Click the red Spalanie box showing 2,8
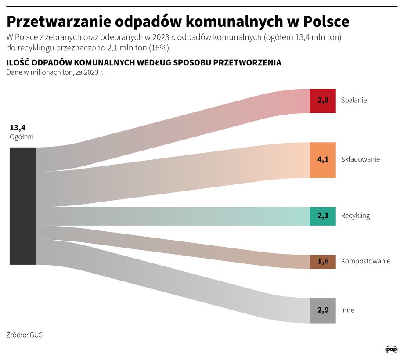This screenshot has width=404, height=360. (323, 101)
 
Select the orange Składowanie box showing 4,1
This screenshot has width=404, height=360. (323, 160)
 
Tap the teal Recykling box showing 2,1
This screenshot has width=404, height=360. (323, 216)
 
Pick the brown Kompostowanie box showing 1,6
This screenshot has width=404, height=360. (323, 262)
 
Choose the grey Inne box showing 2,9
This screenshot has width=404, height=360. (323, 310)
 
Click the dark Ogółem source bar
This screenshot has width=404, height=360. (22, 206)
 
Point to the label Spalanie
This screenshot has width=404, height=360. (353, 100)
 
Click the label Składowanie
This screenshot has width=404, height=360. (360, 159)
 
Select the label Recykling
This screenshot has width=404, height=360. (355, 216)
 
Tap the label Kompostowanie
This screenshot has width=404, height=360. (365, 261)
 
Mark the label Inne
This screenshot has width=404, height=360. (347, 310)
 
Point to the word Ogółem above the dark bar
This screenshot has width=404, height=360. (22, 137)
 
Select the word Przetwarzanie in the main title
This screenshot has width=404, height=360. (58, 21)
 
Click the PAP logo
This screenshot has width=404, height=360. (391, 349)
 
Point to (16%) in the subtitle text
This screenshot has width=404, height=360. (161, 47)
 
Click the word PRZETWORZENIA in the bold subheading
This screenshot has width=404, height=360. (248, 63)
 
